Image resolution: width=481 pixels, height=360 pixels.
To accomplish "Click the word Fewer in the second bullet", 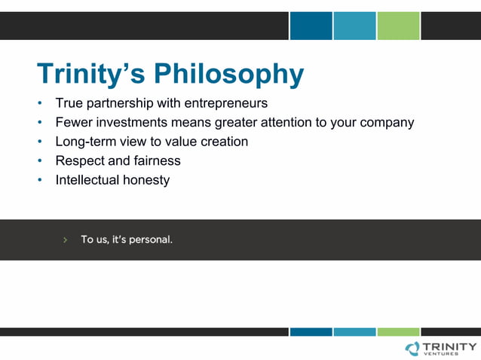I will pyautogui.click(x=73, y=122).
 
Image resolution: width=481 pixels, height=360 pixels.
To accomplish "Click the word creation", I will pyautogui.click(x=224, y=142).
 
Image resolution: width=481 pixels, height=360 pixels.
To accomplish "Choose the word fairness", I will pyautogui.click(x=155, y=161).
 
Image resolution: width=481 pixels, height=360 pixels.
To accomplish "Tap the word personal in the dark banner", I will pyautogui.click(x=151, y=240).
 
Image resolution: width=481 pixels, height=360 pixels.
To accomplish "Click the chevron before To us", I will pyautogui.click(x=65, y=240).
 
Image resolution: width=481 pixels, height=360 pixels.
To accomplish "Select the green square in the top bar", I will pyautogui.click(x=398, y=26).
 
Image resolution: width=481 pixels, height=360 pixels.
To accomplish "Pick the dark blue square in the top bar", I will pyautogui.click(x=311, y=26).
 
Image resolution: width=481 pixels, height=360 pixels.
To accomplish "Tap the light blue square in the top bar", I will pyautogui.click(x=354, y=26).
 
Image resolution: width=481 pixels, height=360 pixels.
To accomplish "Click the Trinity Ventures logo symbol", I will pyautogui.click(x=412, y=347).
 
